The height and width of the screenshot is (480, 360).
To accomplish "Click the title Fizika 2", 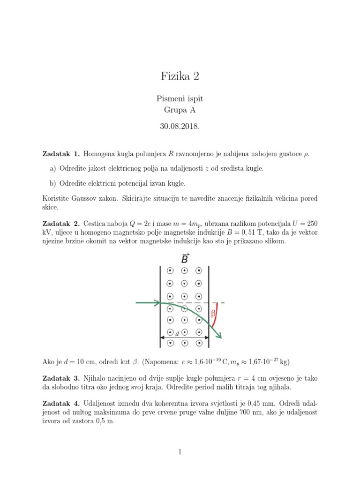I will tap(180, 76).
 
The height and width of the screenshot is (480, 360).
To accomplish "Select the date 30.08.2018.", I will tap(180, 126).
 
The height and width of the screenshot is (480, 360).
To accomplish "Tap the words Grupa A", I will tap(180, 111).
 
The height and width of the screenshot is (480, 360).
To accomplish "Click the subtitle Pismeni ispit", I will tap(180, 99).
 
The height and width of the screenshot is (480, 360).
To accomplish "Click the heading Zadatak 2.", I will tap(61, 222).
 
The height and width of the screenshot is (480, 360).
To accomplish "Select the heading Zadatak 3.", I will tap(61, 378).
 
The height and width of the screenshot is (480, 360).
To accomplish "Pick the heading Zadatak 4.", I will tap(61, 403).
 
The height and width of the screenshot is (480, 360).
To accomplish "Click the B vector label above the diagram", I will tap(185, 259).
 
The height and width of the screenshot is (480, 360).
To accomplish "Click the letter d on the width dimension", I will tap(177, 334).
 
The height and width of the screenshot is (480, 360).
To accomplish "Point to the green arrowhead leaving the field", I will tap(218, 334).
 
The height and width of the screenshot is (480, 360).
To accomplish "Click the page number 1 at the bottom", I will tap(180, 452).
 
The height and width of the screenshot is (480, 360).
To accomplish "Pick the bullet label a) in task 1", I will tap(52, 168).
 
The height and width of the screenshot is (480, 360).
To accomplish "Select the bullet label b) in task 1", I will tap(52, 183).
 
